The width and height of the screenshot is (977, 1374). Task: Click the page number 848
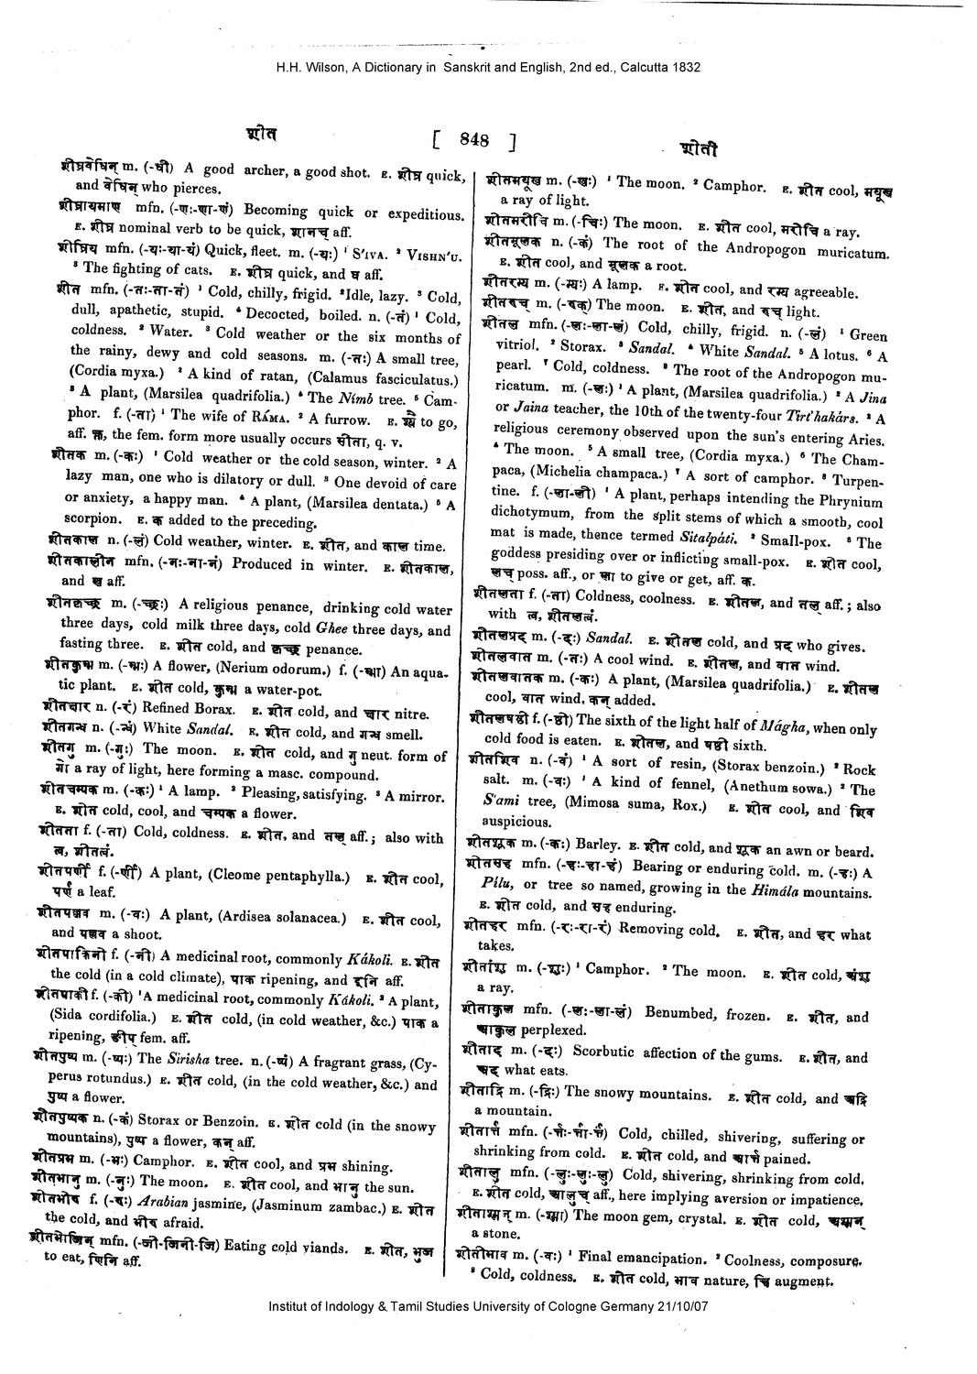click(475, 140)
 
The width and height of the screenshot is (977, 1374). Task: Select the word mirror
click(417, 793)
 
